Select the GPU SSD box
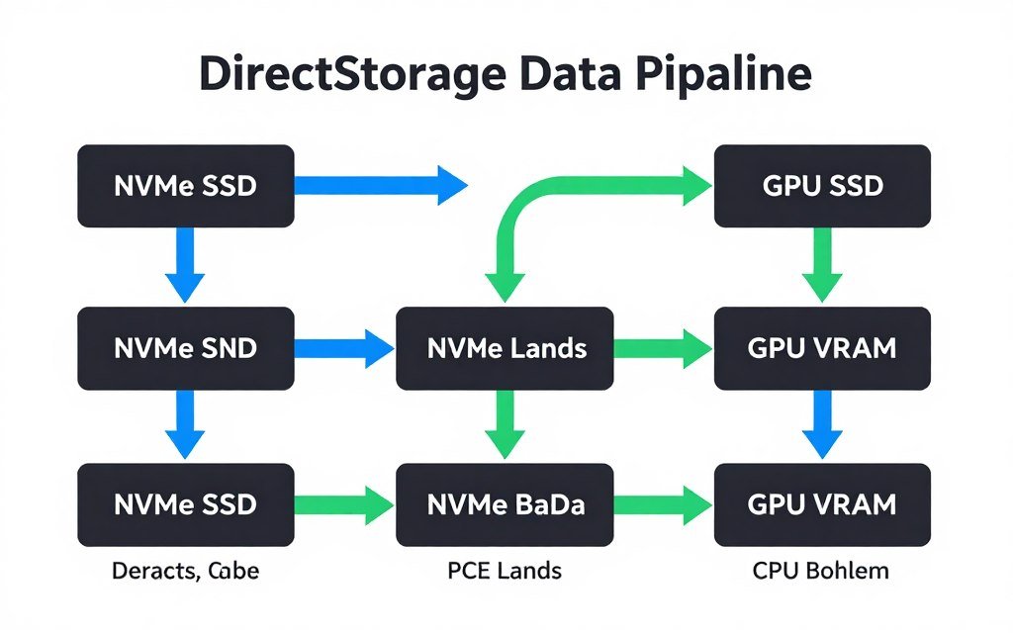tap(822, 186)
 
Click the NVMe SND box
tap(185, 348)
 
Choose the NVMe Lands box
tap(506, 348)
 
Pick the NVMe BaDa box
tap(506, 504)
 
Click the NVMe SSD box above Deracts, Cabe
tap(185, 504)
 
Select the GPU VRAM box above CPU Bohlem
tap(822, 504)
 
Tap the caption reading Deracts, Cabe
tap(185, 571)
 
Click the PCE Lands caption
tap(506, 571)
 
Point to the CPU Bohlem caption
tap(822, 571)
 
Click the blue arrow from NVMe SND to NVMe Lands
tap(345, 348)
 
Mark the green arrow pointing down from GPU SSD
tap(822, 265)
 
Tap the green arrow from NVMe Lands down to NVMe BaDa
tap(506, 423)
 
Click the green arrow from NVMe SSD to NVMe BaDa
tap(345, 504)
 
